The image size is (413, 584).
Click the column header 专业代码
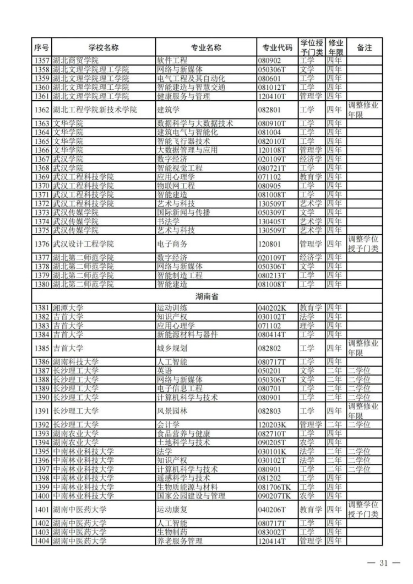pos(278,47)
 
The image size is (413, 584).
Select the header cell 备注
pos(364,47)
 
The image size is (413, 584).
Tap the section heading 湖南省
pos(206,296)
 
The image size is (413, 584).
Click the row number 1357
pos(42,61)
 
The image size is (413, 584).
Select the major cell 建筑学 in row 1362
pos(166,110)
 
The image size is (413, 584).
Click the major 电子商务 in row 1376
pos(172,244)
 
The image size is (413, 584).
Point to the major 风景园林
pos(172,411)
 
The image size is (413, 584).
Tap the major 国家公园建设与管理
pos(191,496)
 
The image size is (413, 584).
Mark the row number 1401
pos(42,510)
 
